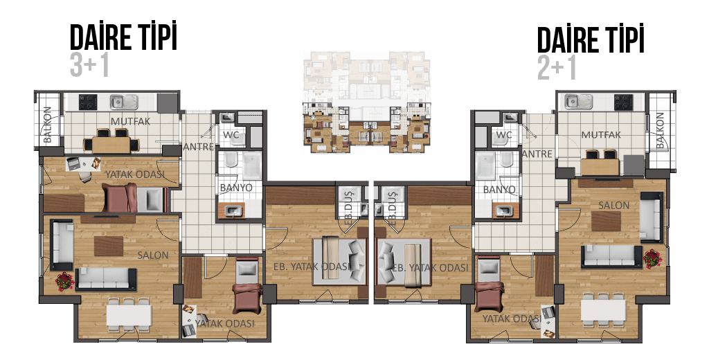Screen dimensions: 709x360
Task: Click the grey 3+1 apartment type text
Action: (89, 65)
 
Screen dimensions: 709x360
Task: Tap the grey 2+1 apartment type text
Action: (557, 68)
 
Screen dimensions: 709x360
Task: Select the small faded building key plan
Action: (366, 102)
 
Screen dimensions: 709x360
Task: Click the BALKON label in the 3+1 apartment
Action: (48, 125)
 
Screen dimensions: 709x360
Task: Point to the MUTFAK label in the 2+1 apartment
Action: (601, 135)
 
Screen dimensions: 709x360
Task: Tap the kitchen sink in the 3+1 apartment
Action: (124, 102)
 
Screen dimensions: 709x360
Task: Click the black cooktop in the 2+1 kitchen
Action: (623, 102)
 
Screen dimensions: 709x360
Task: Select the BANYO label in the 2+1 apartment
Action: (499, 190)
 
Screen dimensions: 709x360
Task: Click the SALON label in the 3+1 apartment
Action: (153, 255)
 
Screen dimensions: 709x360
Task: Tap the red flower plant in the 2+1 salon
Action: (652, 259)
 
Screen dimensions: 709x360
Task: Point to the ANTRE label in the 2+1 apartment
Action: (537, 154)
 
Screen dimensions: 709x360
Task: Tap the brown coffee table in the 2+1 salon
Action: (607, 222)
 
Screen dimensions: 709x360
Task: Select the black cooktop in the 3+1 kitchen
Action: (88, 102)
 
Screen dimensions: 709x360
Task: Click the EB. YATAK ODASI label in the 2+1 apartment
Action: (429, 268)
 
